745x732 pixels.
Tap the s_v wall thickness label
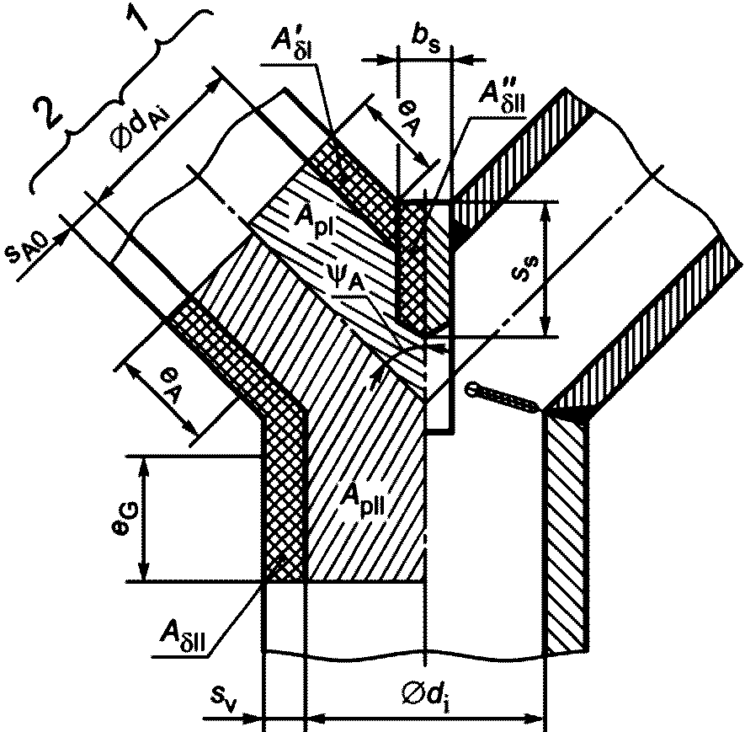(222, 697)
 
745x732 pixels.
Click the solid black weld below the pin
(582, 415)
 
